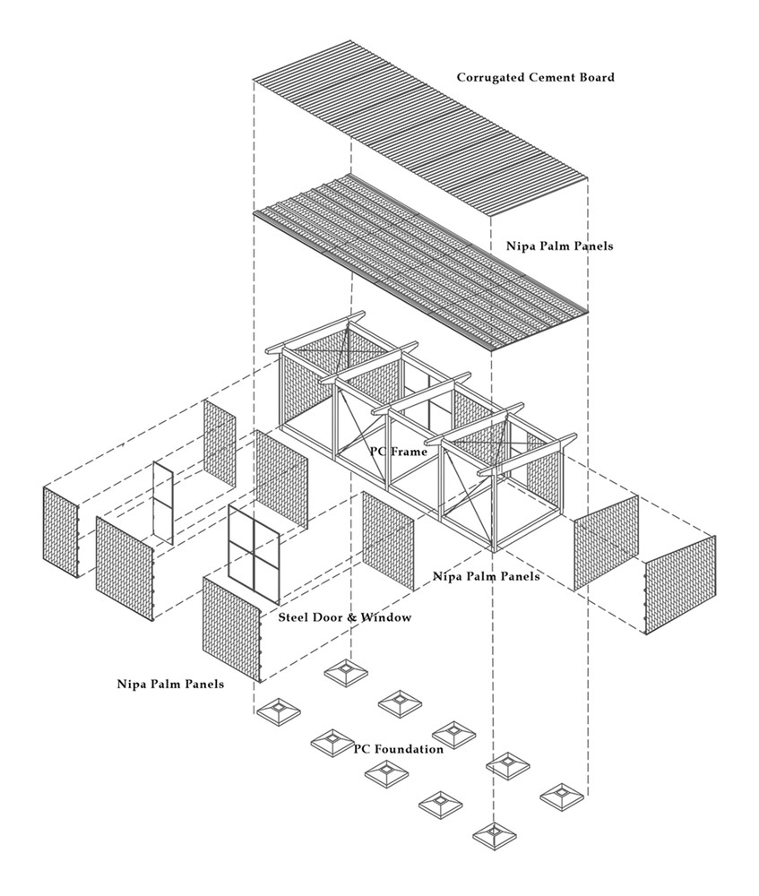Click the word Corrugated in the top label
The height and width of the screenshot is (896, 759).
click(x=490, y=77)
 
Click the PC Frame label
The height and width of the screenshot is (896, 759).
click(x=398, y=452)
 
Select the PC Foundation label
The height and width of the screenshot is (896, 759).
click(x=398, y=749)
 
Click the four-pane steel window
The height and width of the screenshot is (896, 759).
click(x=254, y=549)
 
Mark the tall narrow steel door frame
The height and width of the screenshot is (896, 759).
click(x=162, y=502)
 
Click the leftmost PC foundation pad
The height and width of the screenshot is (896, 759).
click(x=278, y=713)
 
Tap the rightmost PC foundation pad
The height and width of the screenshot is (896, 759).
click(x=562, y=795)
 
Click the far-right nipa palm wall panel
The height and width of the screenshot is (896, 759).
click(x=680, y=584)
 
